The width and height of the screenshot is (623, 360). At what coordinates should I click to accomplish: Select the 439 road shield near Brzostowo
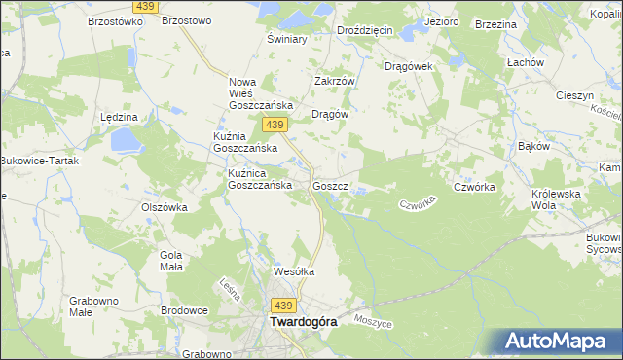(x=146, y=7)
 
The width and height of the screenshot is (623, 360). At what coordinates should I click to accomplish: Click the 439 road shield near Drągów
(x=275, y=125)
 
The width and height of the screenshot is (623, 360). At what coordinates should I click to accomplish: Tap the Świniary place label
(x=287, y=40)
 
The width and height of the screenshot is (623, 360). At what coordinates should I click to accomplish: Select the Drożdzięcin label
(x=364, y=30)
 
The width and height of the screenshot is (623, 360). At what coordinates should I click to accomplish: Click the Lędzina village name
(x=119, y=116)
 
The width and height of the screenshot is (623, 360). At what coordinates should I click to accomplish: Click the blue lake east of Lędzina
(x=127, y=141)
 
